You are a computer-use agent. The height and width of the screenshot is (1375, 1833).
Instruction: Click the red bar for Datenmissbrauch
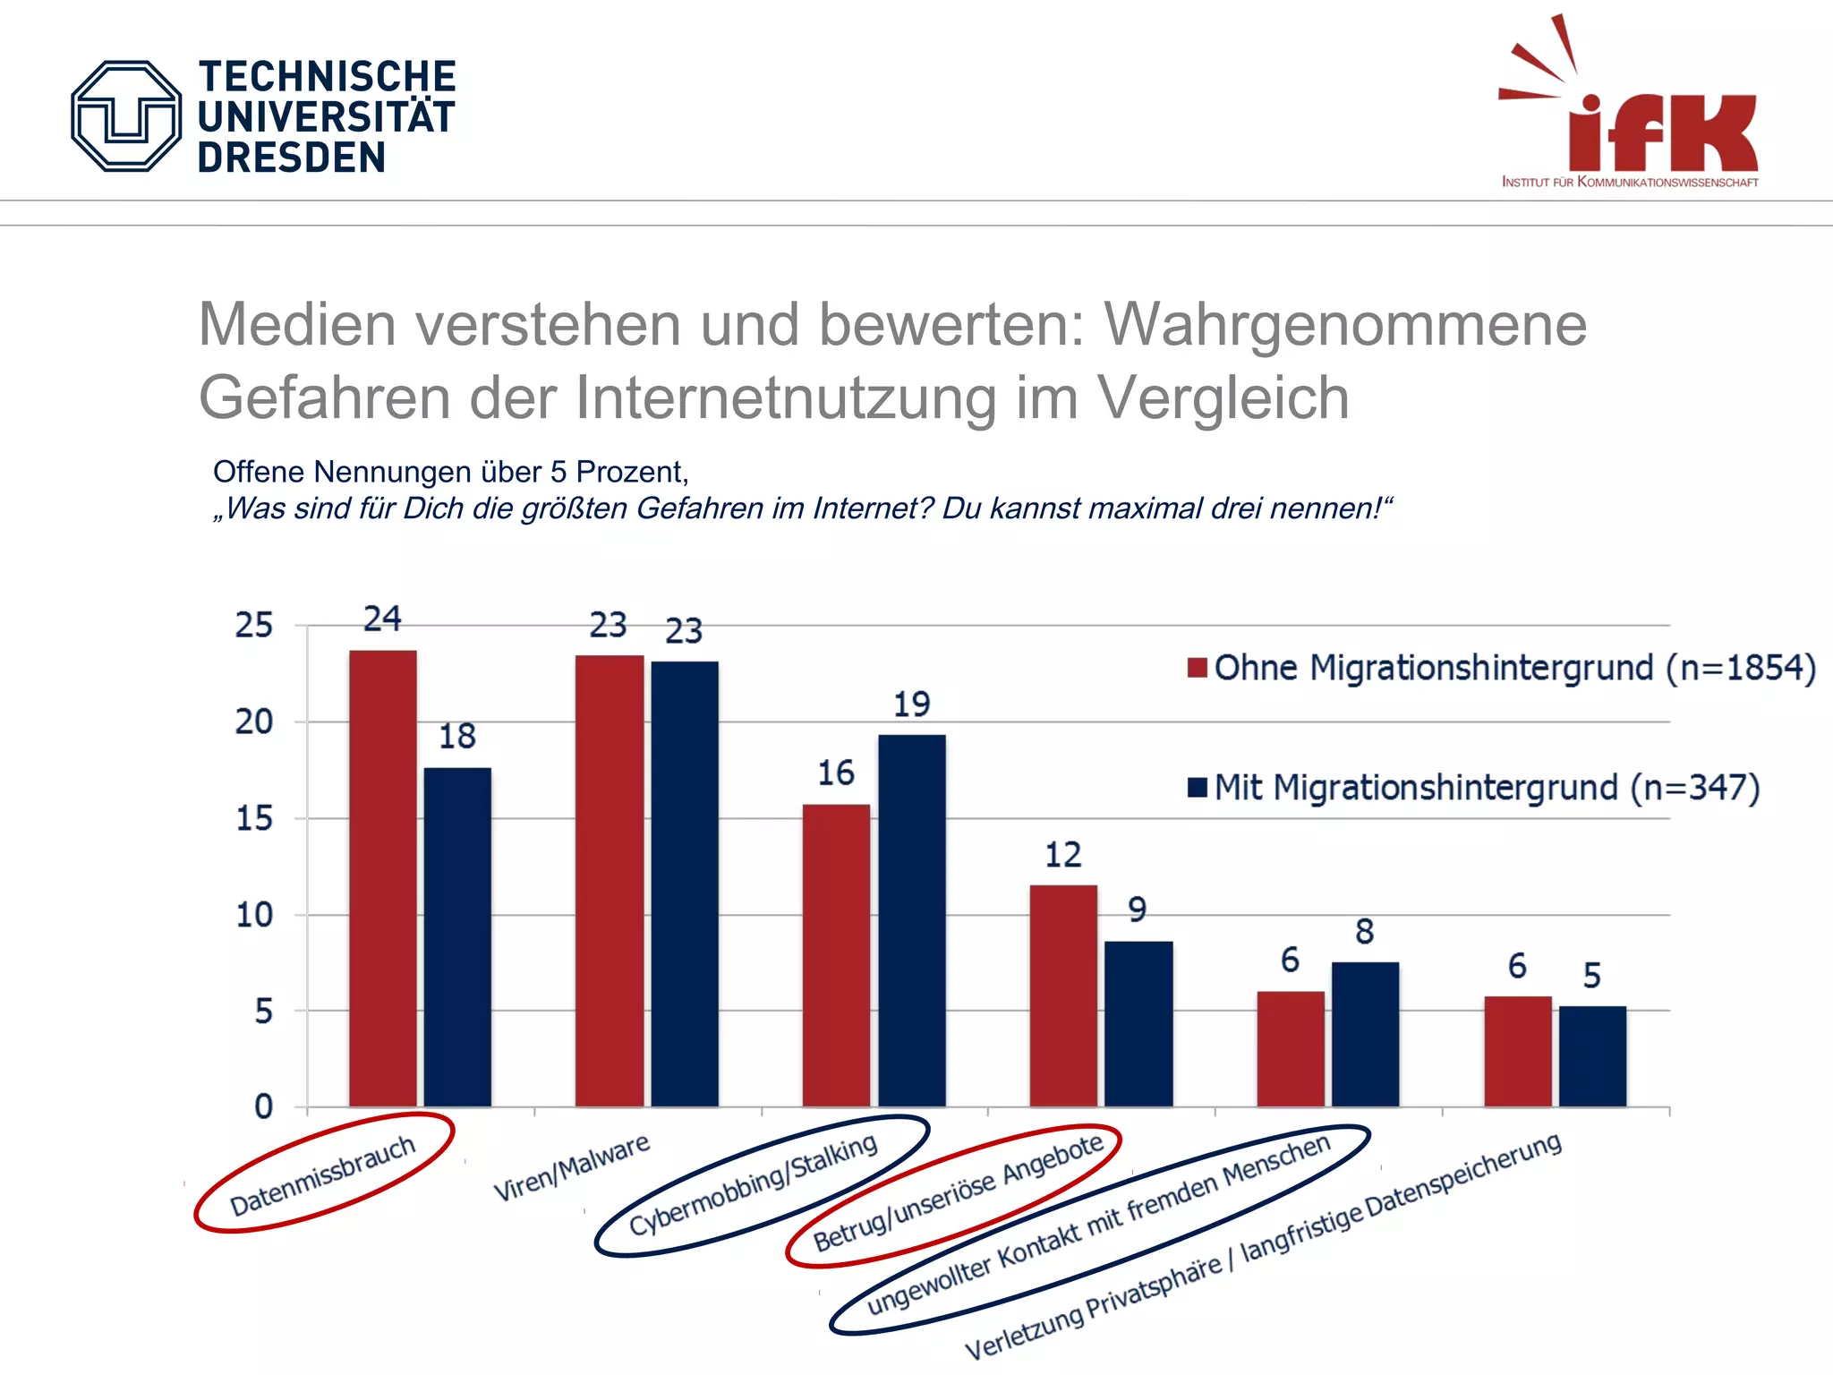[382, 877]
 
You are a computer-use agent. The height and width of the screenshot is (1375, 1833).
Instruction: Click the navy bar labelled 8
[1365, 1034]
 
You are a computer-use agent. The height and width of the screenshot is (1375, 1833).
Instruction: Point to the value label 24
[382, 619]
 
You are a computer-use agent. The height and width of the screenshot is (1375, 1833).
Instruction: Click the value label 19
[911, 705]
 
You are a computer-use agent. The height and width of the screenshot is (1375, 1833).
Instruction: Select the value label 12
[1063, 855]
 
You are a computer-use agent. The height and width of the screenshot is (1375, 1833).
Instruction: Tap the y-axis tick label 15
[254, 818]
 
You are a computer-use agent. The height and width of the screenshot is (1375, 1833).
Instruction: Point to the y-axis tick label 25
[254, 625]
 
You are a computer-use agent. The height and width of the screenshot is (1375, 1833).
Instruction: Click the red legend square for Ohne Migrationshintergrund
[1198, 668]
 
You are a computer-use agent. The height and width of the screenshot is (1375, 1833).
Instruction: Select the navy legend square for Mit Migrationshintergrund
[1198, 788]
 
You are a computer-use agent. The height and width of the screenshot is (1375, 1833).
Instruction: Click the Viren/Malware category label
[572, 1167]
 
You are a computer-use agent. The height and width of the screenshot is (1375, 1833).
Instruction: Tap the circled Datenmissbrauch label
[323, 1174]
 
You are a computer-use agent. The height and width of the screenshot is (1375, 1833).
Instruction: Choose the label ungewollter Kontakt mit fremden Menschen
[1098, 1225]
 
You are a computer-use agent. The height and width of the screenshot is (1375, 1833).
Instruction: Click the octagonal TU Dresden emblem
[126, 116]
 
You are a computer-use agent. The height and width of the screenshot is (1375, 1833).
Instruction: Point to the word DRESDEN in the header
[292, 158]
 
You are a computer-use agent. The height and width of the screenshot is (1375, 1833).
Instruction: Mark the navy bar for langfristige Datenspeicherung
[1592, 1056]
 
